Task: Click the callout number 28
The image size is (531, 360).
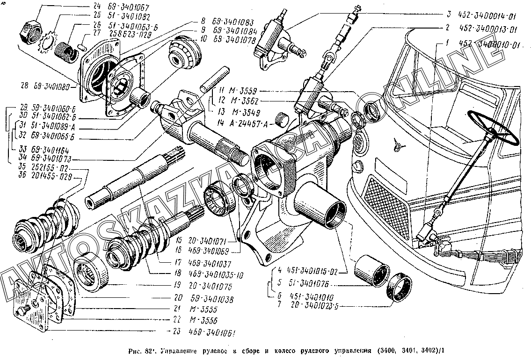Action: pos(24,87)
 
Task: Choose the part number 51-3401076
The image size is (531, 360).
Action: pos(305,283)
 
